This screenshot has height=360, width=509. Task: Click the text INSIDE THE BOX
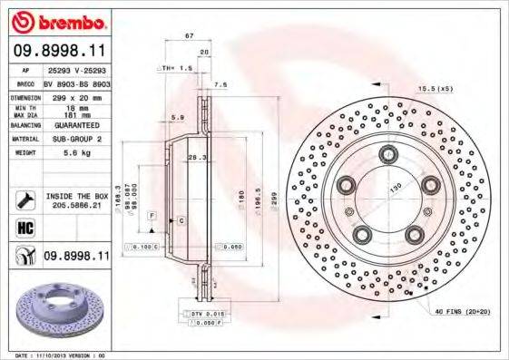pos(77,196)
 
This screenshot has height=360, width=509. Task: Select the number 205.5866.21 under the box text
pos(77,205)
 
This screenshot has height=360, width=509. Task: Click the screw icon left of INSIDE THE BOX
pos(25,199)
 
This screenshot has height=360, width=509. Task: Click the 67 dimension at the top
pos(190,35)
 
